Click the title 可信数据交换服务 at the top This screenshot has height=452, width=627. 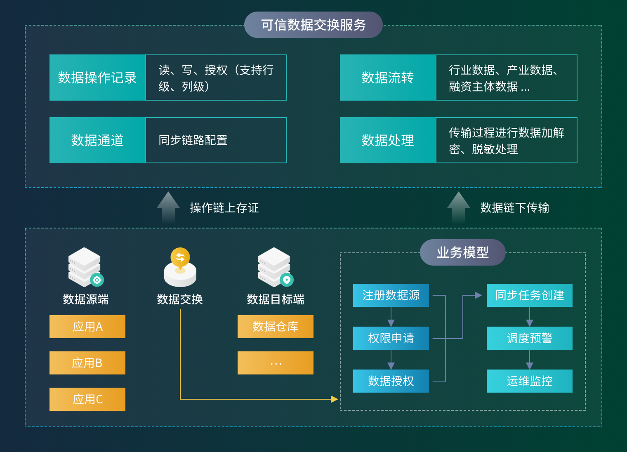[x=313, y=25]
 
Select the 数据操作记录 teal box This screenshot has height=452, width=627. [x=97, y=78]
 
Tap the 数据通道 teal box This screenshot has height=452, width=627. [x=97, y=140]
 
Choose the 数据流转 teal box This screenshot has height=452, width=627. [x=388, y=78]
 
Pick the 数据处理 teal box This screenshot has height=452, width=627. [x=388, y=140]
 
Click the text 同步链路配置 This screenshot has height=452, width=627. [x=193, y=140]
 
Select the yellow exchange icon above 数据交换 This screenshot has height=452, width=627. [x=180, y=267]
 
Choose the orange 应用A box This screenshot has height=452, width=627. [x=87, y=327]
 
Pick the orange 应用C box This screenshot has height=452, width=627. [x=87, y=399]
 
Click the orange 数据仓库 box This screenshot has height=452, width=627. [x=276, y=327]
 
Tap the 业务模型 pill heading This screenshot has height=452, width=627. [x=463, y=252]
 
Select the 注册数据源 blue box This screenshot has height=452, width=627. [x=391, y=295]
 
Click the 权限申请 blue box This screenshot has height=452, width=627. [x=391, y=338]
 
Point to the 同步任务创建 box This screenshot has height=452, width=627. [x=530, y=295]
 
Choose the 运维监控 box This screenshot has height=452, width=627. [x=530, y=381]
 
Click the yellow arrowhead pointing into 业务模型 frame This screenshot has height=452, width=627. [x=334, y=399]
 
